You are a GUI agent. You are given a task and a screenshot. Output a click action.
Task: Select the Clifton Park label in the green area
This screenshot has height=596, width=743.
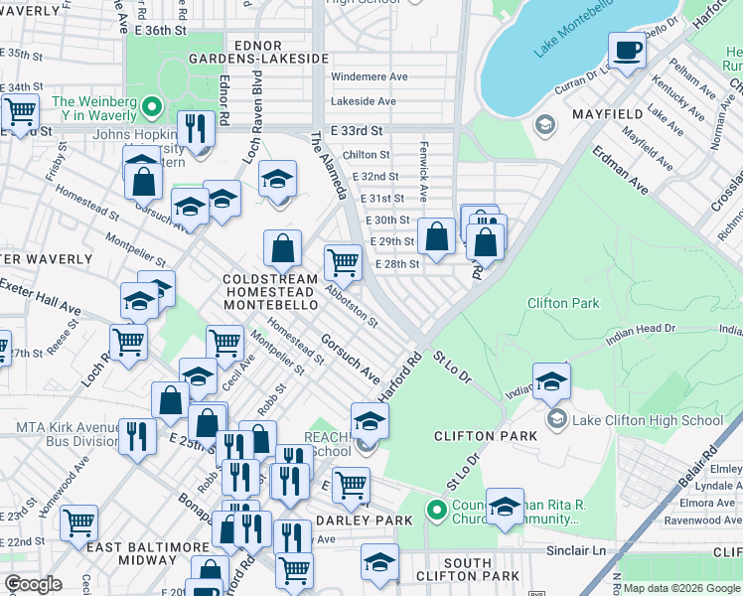[563, 303]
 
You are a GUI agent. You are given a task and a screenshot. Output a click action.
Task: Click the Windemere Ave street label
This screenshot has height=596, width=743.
[370, 76]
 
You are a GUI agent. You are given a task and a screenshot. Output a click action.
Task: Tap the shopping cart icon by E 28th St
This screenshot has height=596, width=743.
[343, 263]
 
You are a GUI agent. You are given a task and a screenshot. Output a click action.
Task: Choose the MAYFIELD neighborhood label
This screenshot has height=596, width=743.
[608, 115]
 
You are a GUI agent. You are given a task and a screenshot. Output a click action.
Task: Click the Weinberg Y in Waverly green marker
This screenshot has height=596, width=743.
[151, 103]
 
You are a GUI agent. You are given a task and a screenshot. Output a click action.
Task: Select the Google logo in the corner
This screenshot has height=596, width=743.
[33, 583]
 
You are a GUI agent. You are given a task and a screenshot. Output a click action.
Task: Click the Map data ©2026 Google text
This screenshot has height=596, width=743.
[680, 588]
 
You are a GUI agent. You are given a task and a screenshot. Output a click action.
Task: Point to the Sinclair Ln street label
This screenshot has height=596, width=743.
[575, 549]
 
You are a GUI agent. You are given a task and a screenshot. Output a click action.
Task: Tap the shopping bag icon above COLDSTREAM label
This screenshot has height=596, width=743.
[283, 248]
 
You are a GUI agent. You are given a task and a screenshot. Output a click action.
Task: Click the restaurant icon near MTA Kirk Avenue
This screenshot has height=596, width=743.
[137, 435]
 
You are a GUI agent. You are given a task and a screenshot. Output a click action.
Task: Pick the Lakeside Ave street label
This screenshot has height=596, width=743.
[364, 101]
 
